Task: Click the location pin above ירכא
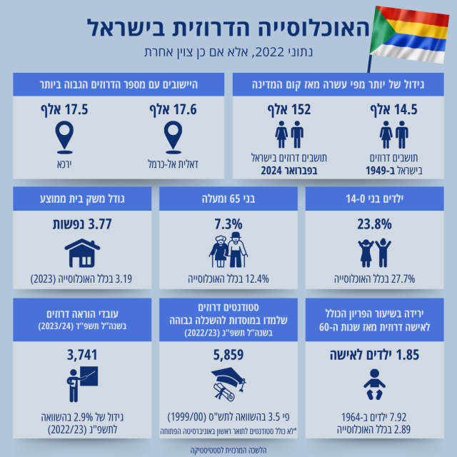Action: coord(65,137)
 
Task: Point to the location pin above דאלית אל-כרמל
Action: coord(171,137)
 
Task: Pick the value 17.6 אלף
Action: coord(171,110)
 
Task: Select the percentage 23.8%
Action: coord(374,224)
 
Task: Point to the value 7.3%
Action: coord(228,224)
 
